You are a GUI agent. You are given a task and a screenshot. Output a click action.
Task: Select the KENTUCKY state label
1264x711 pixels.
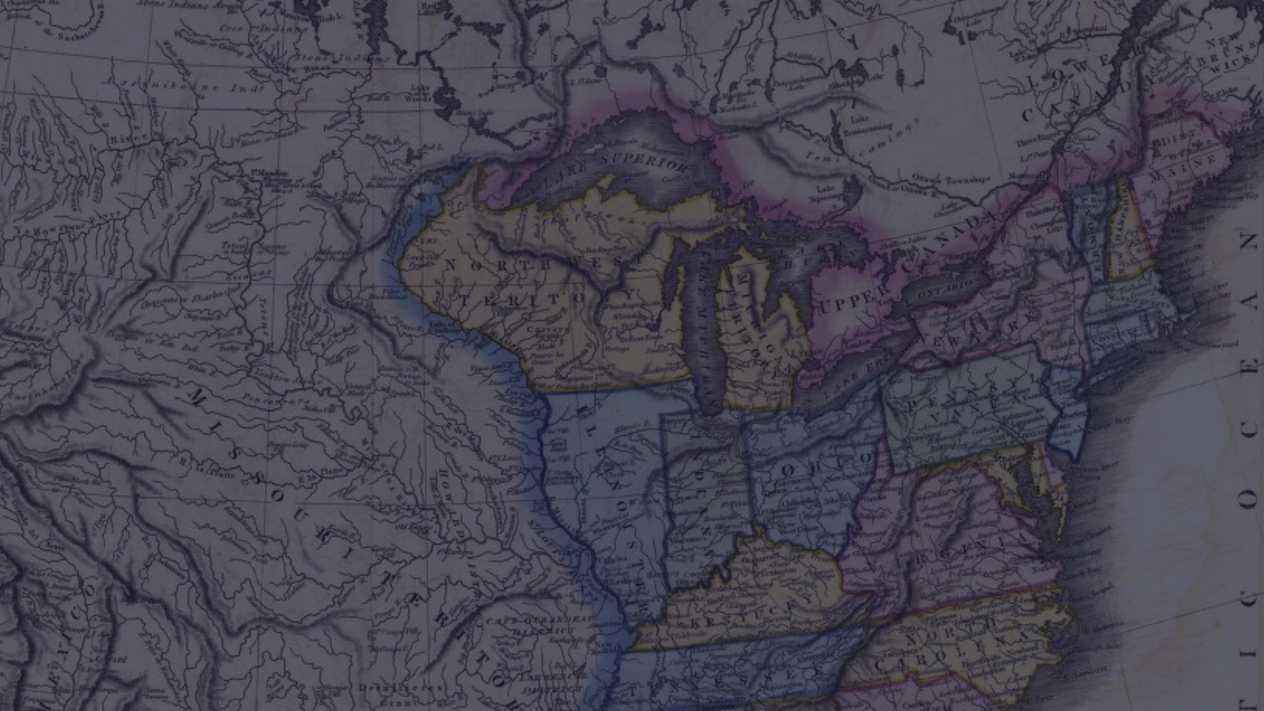(747, 611)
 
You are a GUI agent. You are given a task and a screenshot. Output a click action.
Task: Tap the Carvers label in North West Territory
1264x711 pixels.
(546, 330)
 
